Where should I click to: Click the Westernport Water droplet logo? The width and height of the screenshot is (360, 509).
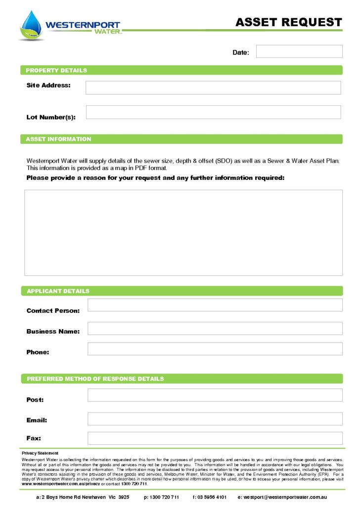tap(32, 25)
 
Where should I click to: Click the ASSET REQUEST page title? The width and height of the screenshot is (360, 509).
tap(288, 22)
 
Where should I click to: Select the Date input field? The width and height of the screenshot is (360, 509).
tap(299, 51)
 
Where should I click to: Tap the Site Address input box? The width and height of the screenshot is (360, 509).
tap(213, 87)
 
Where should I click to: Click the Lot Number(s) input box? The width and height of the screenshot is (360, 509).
tap(213, 112)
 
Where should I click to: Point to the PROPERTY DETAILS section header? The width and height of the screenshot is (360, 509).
tap(56, 70)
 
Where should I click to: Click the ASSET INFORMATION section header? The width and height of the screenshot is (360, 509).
tap(58, 139)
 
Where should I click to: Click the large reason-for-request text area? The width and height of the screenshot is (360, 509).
tap(183, 232)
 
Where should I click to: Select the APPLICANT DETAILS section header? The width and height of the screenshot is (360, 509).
tap(58, 291)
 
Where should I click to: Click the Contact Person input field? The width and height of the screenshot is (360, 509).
tap(215, 305)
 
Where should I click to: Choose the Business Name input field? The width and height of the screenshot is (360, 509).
tap(215, 329)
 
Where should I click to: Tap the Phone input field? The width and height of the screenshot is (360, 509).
tap(215, 349)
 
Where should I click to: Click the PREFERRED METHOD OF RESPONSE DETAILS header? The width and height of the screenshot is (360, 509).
tap(95, 379)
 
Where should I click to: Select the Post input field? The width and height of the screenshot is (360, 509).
tap(215, 395)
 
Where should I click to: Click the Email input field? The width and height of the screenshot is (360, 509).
tap(215, 419)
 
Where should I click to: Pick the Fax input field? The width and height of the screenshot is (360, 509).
tap(215, 438)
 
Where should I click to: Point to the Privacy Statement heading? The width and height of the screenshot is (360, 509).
tap(40, 453)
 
